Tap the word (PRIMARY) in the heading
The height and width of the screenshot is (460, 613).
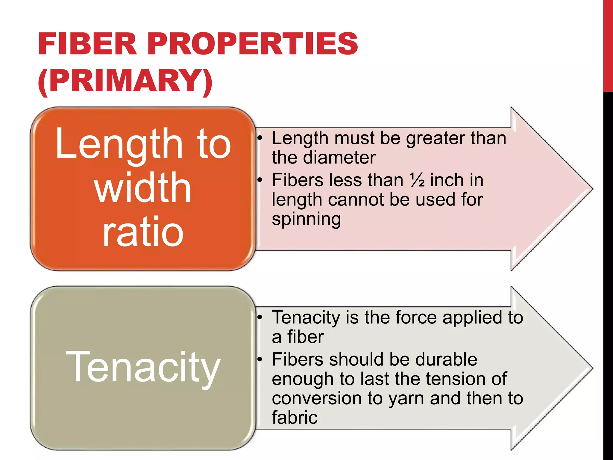125,81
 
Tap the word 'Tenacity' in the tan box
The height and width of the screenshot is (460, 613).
143,368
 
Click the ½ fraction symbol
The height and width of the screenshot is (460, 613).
417,180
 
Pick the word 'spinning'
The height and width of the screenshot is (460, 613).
306,219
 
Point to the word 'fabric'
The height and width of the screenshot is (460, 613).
295,417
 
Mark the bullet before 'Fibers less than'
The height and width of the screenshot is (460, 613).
260,180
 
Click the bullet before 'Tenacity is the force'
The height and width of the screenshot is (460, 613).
260,317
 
